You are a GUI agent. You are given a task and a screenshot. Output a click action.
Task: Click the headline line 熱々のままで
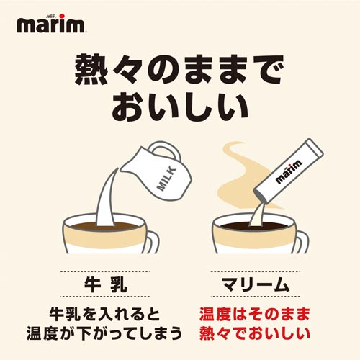pos(180,71)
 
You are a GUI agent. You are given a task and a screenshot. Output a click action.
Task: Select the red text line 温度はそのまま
pos(256,315)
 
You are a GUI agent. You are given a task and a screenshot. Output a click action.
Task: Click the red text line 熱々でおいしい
pos(256,335)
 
